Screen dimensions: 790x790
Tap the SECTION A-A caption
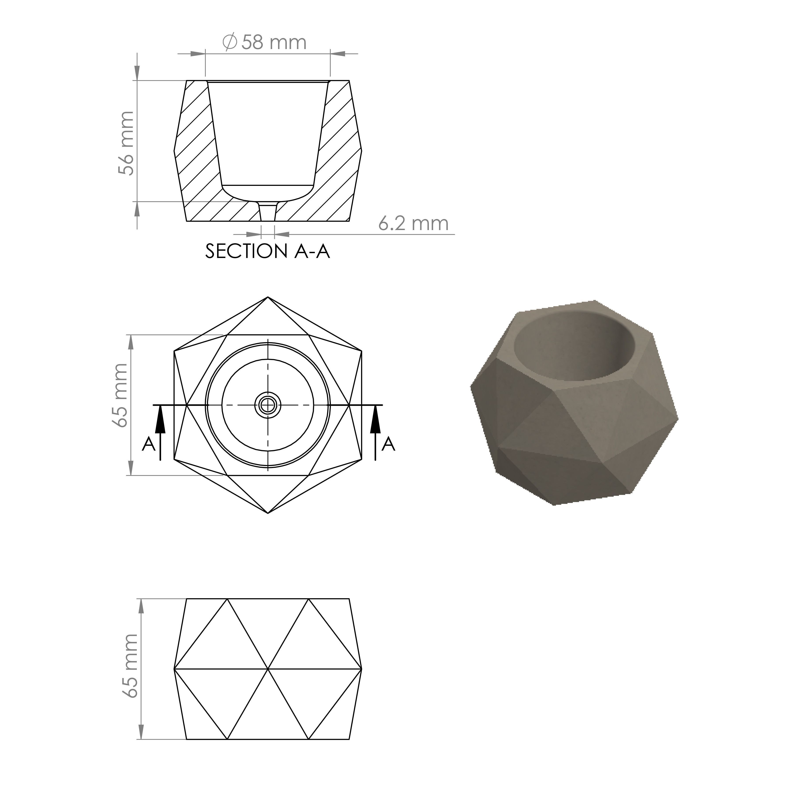click(267, 251)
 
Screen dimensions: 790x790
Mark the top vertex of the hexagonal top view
click(268, 297)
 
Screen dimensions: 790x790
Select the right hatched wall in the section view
click(339, 155)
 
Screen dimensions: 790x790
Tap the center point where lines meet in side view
click(268, 669)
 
